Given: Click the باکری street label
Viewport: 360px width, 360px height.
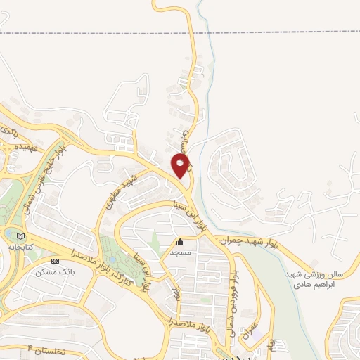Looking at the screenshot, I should (x=8, y=130).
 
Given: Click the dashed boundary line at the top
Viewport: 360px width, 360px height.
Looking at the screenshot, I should (x=105, y=33).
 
